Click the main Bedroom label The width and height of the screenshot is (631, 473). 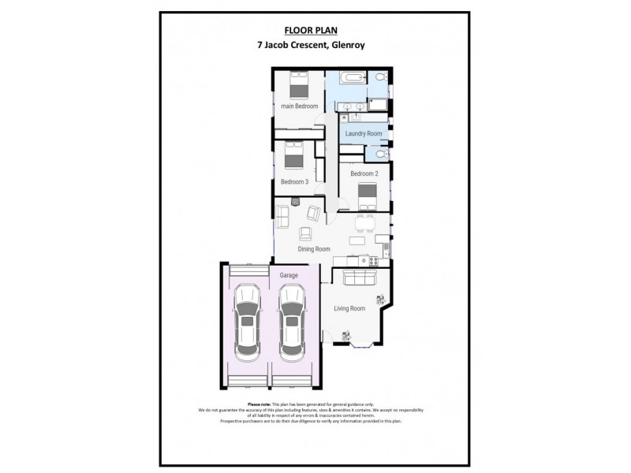300,106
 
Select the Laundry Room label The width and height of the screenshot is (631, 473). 364,134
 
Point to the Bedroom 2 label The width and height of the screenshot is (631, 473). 364,173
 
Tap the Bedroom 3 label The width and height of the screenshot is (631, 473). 294,182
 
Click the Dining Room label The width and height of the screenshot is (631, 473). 314,249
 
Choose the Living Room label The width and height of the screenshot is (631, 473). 349,308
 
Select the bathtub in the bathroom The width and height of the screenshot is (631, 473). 347,79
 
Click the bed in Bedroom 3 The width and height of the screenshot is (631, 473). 293,153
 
